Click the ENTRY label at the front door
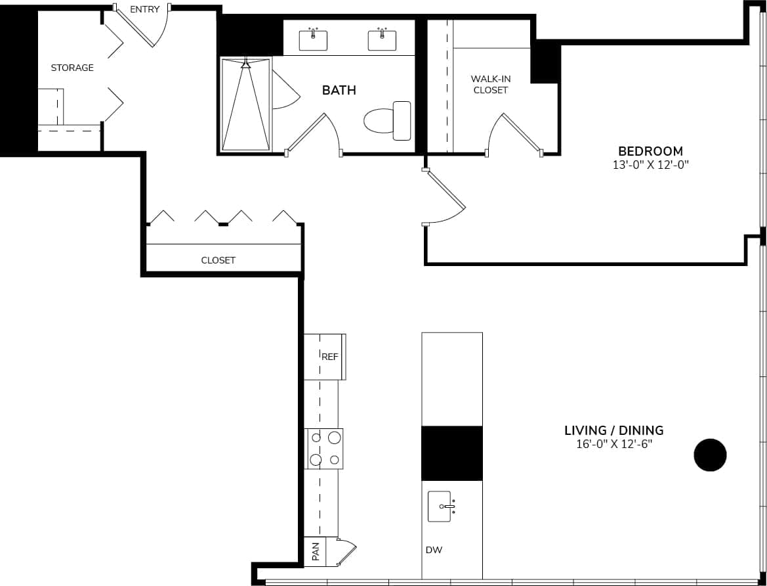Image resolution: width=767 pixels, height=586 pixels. (144, 9)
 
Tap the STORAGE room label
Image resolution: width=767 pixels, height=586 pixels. (72, 68)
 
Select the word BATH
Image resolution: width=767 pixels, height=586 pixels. (339, 90)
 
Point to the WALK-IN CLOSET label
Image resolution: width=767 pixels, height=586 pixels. (491, 85)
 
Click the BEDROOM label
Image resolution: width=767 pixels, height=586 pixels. (650, 151)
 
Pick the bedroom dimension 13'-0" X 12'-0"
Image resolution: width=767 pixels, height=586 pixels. (650, 166)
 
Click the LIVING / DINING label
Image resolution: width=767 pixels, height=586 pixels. (613, 430)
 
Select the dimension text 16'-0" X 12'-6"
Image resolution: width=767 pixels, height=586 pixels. (613, 445)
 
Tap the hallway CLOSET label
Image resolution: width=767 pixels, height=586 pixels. (218, 260)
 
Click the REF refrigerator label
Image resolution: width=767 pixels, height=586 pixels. (329, 357)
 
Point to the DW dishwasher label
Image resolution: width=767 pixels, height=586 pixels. (434, 550)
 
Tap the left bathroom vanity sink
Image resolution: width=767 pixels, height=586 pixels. (313, 40)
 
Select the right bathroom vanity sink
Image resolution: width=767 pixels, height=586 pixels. (382, 40)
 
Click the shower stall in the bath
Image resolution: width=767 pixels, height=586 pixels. (245, 105)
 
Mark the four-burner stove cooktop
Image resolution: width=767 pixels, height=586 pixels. (325, 449)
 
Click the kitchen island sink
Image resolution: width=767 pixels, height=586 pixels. (440, 507)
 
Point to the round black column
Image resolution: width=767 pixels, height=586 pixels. (711, 455)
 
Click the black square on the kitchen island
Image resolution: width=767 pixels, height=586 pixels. (451, 453)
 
